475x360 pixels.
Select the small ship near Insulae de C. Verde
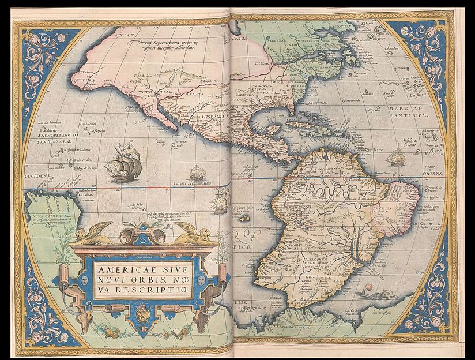click(397, 156)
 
